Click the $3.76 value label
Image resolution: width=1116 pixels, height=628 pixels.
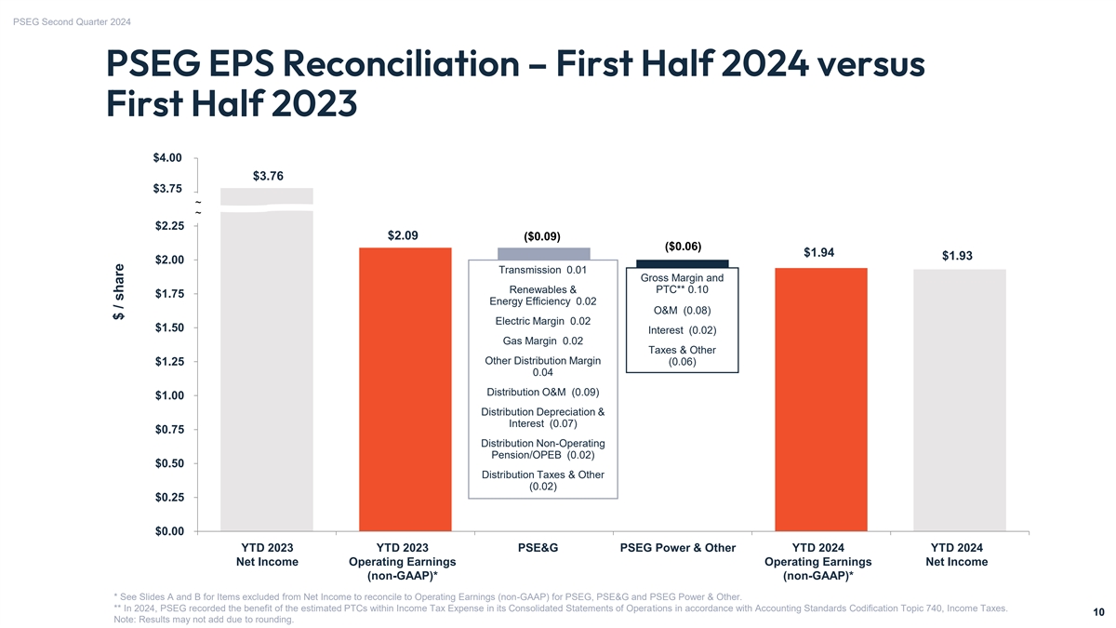point(268,176)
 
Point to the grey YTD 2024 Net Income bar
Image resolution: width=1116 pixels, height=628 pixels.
point(960,400)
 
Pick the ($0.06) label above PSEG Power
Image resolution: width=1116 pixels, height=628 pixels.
point(683,247)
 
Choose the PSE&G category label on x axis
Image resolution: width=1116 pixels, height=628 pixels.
point(538,548)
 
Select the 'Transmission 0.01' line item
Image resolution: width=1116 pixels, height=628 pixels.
point(542,270)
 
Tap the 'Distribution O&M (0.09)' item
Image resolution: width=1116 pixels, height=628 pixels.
point(542,392)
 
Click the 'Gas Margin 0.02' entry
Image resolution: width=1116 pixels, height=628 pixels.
point(542,341)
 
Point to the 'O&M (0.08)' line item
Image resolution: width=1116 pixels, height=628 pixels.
point(683,310)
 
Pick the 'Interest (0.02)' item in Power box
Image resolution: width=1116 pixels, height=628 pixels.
point(683,330)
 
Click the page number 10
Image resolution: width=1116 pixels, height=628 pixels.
point(1098,611)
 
